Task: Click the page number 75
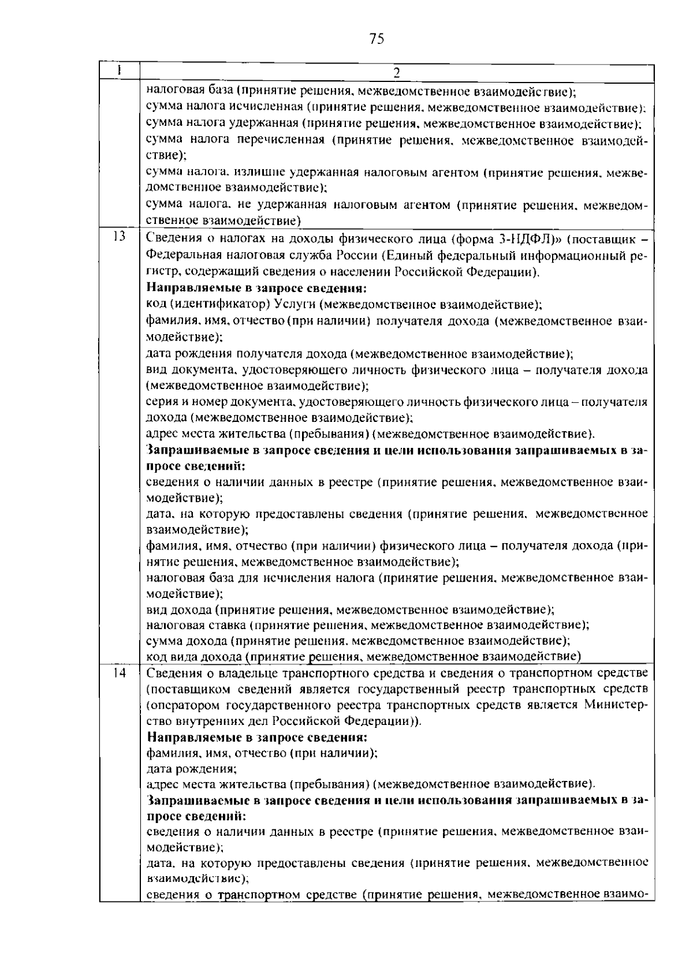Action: click(376, 39)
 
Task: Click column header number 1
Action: click(118, 70)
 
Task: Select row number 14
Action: click(119, 672)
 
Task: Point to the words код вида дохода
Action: click(193, 656)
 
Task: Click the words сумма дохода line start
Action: click(188, 641)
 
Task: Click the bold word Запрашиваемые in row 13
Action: click(195, 451)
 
